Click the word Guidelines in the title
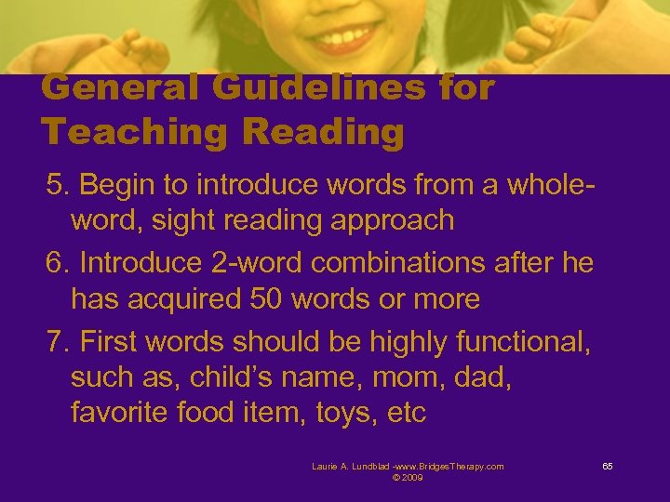point(306,88)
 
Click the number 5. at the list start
point(59,185)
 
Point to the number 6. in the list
point(59,263)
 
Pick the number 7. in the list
point(59,341)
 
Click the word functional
point(522,341)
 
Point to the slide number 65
point(607,466)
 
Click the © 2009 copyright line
point(409,477)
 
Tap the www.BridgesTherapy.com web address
point(449,466)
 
